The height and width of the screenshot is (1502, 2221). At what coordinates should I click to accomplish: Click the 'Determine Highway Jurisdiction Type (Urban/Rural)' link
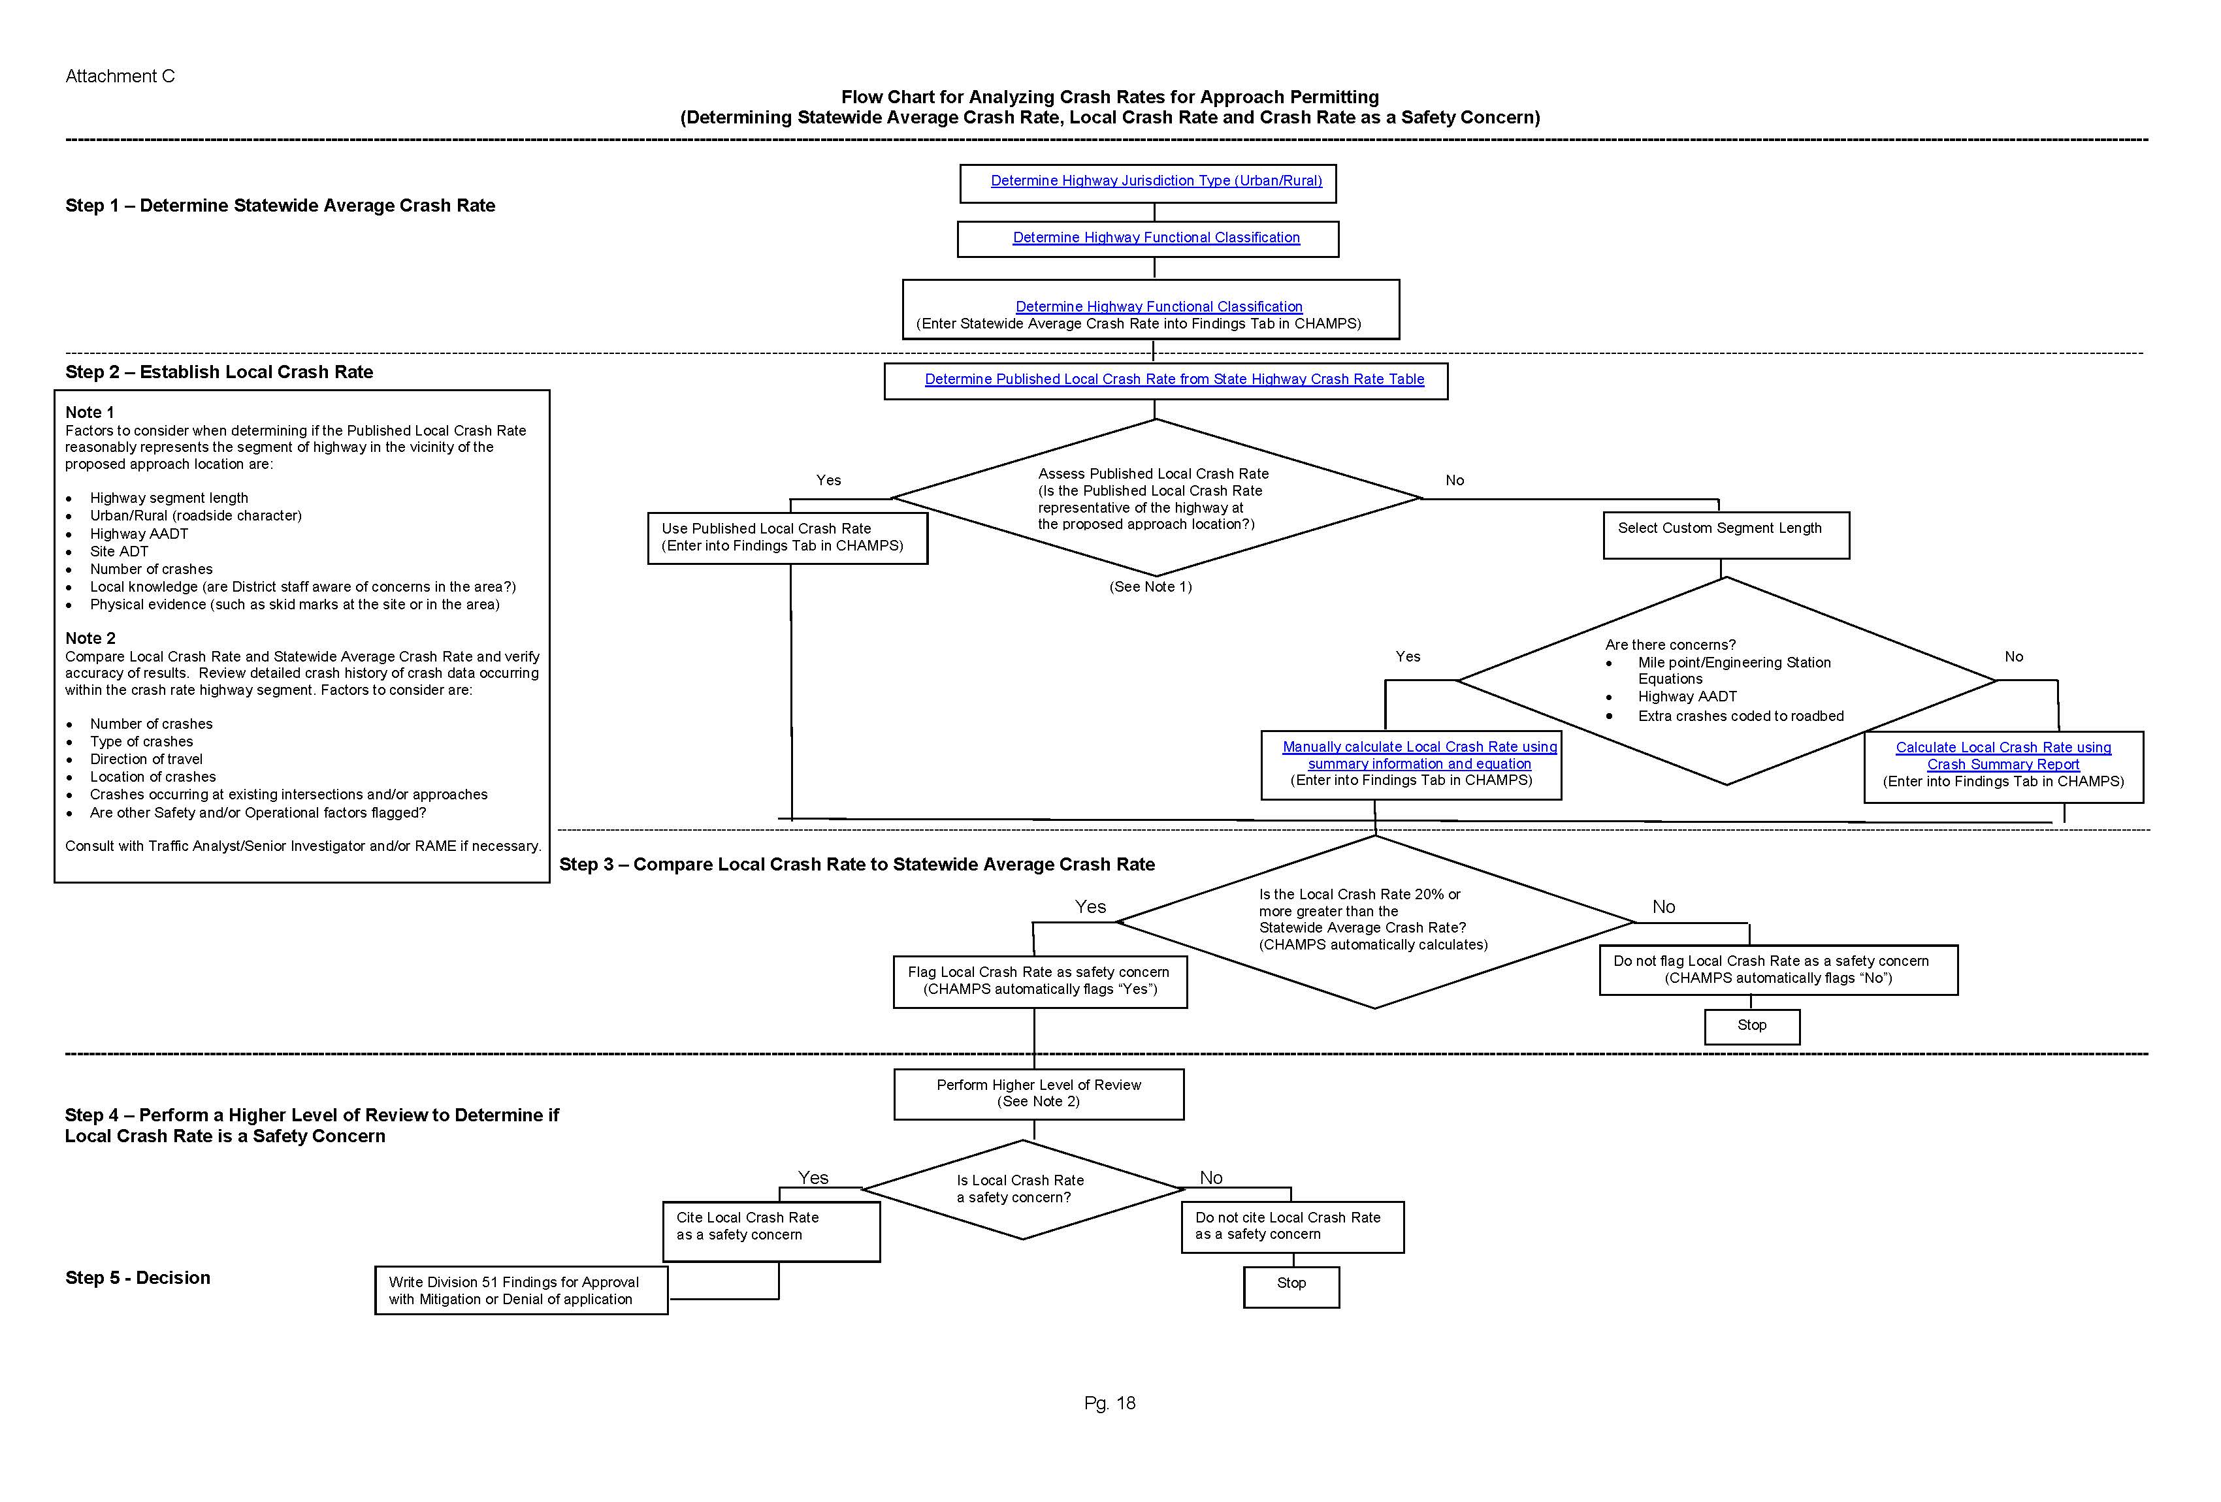pos(1156,181)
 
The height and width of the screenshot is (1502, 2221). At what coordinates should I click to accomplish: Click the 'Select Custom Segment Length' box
pos(1725,534)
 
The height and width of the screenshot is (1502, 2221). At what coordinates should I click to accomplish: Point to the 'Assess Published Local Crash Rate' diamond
pos(1154,498)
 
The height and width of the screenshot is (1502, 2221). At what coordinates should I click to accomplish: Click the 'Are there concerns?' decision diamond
pos(1725,680)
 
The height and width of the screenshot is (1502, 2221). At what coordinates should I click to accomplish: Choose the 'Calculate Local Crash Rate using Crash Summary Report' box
pos(2002,765)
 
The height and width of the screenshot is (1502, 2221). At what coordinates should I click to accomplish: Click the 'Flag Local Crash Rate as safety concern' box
pos(1039,982)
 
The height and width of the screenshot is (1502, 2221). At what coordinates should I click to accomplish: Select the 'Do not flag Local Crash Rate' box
pos(1777,970)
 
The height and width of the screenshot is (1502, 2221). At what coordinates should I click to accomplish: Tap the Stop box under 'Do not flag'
pos(1751,1026)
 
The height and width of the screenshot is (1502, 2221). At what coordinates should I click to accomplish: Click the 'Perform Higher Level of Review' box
pos(1038,1093)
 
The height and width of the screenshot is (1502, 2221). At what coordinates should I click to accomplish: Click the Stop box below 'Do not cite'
pos(1290,1285)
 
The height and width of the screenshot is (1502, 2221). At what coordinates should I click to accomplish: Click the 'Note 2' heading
pos(90,638)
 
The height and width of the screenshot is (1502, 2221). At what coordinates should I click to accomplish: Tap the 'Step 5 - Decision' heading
pos(138,1279)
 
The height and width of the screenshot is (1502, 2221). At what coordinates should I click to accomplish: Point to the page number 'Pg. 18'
pos(1110,1403)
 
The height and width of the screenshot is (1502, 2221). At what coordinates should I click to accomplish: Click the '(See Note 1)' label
pos(1150,586)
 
